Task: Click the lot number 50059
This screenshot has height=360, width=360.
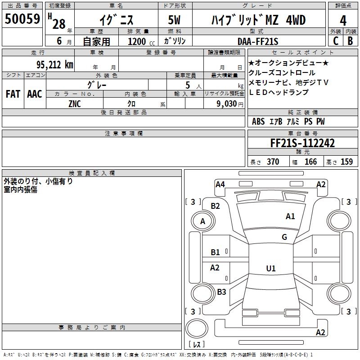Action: [x=22, y=19]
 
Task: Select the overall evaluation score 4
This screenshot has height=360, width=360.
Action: [x=343, y=20]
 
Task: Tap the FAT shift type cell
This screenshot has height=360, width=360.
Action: [x=13, y=94]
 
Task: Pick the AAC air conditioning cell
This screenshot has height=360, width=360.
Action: [x=34, y=94]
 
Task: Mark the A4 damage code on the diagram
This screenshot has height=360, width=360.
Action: [x=220, y=184]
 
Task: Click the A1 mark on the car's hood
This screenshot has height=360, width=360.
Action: [x=290, y=216]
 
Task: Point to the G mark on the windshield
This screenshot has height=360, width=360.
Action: [x=284, y=237]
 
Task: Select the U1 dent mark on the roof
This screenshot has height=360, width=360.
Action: [x=270, y=269]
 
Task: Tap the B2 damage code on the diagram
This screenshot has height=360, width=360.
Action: [x=216, y=206]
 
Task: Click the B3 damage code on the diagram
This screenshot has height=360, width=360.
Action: [x=221, y=292]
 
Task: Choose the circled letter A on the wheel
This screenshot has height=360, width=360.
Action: [x=202, y=221]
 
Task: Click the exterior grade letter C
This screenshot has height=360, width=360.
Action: [x=335, y=41]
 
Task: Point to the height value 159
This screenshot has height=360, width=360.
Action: [x=346, y=162]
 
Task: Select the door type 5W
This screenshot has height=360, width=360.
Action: [x=175, y=20]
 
